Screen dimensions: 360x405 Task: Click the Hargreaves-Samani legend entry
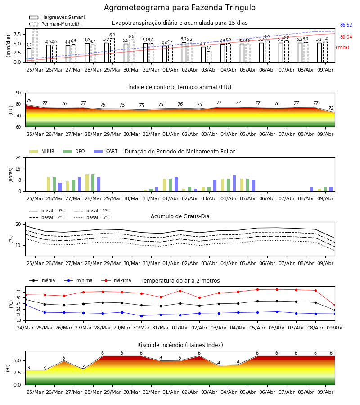(57, 17)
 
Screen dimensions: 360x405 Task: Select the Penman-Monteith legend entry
(55, 24)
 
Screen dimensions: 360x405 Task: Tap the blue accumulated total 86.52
(346, 25)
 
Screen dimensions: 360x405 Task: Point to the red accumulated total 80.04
(346, 37)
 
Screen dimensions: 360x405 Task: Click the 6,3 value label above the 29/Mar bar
(112, 35)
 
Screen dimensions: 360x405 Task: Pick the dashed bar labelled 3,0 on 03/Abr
(209, 57)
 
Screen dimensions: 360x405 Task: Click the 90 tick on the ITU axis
(18, 93)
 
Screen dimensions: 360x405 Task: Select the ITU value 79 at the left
(29, 100)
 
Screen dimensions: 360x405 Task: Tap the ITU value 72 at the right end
(331, 108)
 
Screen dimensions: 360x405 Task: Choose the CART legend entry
(106, 151)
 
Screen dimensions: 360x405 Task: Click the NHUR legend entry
(42, 151)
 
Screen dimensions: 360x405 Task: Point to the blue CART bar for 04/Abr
(234, 184)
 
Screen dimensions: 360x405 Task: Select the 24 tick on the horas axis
(18, 157)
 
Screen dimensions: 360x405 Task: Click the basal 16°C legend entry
(92, 217)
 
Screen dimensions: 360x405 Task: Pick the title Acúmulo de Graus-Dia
(180, 216)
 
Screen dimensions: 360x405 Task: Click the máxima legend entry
(116, 280)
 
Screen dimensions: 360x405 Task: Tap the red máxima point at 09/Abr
(335, 305)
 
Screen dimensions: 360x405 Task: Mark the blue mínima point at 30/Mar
(141, 316)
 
